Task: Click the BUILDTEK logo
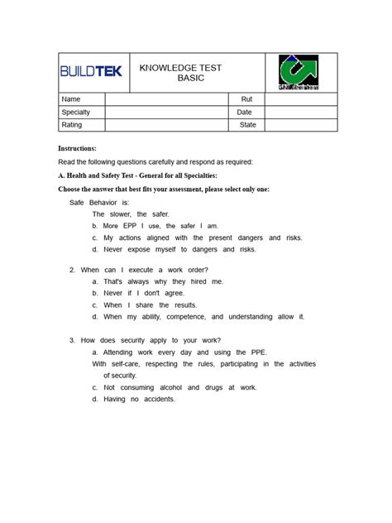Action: (x=91, y=72)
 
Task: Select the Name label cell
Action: (x=81, y=99)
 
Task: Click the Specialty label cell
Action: (x=81, y=112)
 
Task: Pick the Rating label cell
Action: (x=81, y=125)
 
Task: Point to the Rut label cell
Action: (x=246, y=99)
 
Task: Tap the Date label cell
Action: (x=246, y=112)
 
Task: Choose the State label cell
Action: (x=246, y=125)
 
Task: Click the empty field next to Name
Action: (x=166, y=99)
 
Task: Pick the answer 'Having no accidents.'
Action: (x=139, y=399)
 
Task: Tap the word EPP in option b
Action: (x=131, y=225)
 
